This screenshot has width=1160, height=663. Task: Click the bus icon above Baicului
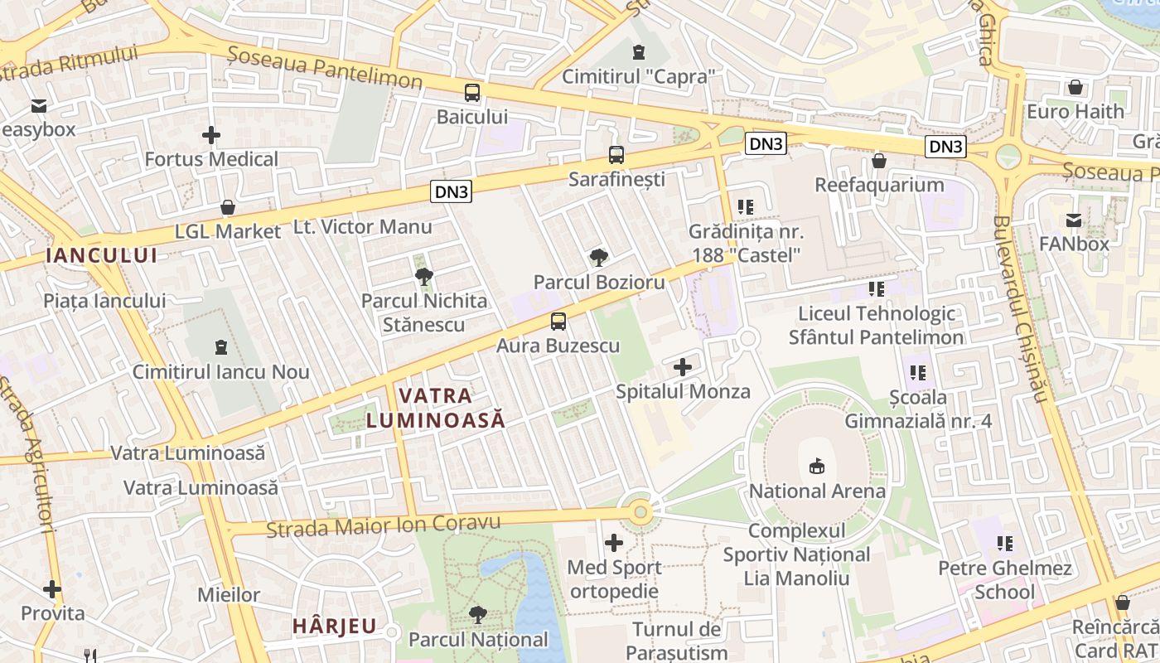point(472,93)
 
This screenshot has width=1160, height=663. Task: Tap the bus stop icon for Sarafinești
point(616,155)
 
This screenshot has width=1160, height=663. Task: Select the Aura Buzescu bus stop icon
point(558,322)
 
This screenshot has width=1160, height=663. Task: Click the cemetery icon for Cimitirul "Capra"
point(638,53)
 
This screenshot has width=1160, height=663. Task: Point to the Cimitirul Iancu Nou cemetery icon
point(220,346)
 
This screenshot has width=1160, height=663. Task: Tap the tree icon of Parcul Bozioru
point(598,258)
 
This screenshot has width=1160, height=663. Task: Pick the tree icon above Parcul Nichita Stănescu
point(424,276)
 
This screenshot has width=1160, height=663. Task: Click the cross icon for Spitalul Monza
point(683,366)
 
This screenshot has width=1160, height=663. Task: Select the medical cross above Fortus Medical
point(211,134)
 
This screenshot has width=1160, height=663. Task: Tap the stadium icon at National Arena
point(817,467)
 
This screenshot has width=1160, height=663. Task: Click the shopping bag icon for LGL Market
point(228,207)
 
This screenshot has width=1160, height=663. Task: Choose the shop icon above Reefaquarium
point(879,160)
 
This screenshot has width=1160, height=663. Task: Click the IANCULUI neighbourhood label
point(102,255)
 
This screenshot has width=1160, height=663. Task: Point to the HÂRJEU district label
point(334,626)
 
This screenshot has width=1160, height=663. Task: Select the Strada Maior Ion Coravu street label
point(384,525)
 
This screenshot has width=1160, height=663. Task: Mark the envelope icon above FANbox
point(1074,220)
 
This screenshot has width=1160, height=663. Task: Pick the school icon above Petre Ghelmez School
point(1005,544)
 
